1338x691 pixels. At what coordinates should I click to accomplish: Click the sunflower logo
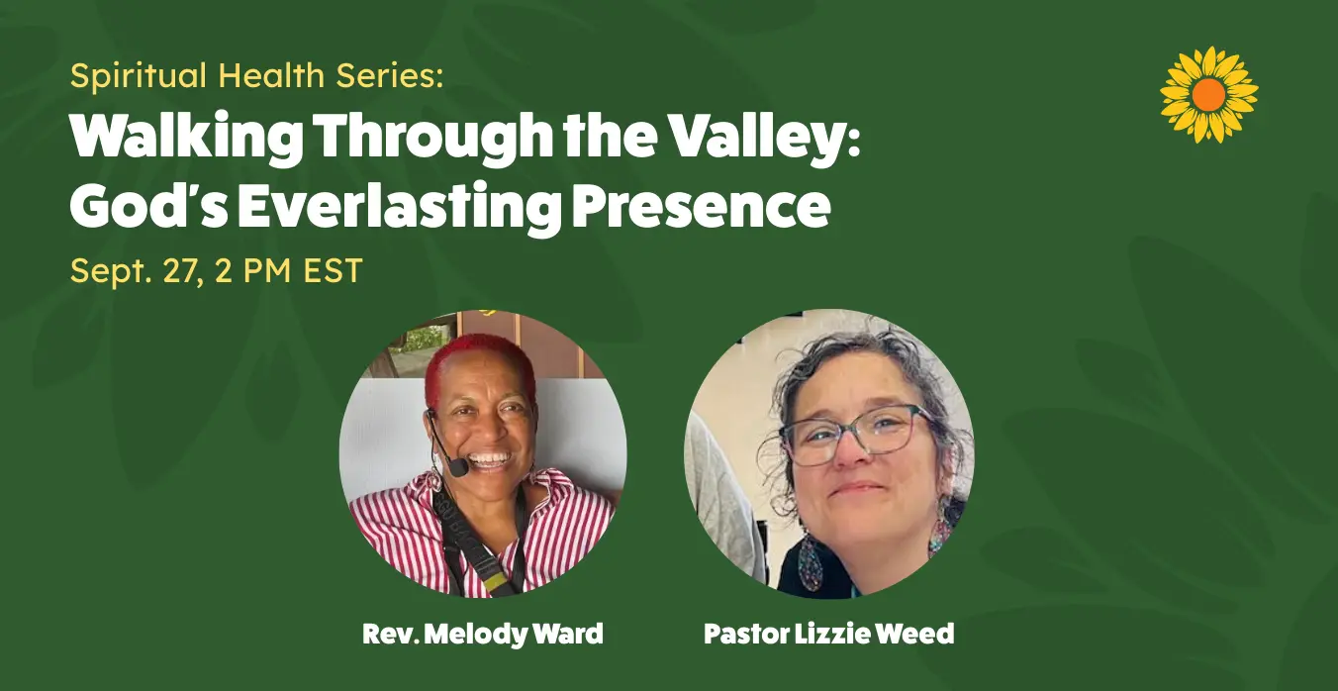(1209, 94)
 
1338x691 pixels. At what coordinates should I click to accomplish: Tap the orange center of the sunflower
(1208, 94)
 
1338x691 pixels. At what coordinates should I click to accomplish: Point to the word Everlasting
(400, 207)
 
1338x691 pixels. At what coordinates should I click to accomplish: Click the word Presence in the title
(702, 207)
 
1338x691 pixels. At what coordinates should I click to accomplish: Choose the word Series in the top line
(390, 75)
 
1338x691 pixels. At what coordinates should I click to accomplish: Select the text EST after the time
(333, 270)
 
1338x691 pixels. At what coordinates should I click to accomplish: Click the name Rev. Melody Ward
(483, 634)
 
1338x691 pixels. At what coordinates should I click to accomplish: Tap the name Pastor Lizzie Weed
(828, 634)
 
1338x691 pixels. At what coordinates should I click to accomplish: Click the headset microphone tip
(459, 466)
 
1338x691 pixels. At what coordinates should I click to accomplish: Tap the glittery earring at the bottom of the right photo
(810, 563)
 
